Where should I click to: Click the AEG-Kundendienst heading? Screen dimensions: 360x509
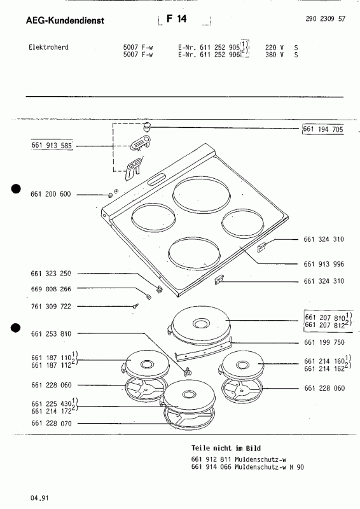[x=65, y=20]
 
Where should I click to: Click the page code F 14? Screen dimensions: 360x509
[x=177, y=19]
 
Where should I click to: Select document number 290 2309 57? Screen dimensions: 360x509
[x=325, y=18]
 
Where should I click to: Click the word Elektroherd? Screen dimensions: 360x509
[x=49, y=47]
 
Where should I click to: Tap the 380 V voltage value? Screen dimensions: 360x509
[x=274, y=55]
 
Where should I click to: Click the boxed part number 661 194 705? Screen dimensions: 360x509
[x=323, y=129]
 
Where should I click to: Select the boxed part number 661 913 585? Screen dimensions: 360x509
[x=52, y=145]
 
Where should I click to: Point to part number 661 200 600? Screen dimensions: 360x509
[x=51, y=194]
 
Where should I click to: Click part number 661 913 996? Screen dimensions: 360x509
[x=324, y=264]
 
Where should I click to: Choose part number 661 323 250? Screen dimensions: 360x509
[x=51, y=274]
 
